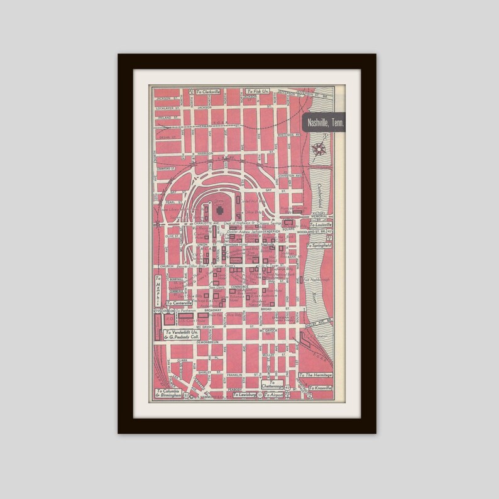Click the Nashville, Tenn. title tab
[x=324, y=123]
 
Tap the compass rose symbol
[x=319, y=149]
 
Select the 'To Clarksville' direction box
[x=209, y=92]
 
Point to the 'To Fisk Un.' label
[x=258, y=92]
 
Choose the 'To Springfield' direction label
[x=320, y=245]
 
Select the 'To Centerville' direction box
[x=178, y=303]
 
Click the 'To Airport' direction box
[x=274, y=395]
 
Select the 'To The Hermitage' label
[x=315, y=375]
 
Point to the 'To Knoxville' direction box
[x=320, y=387]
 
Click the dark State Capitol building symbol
[x=220, y=208]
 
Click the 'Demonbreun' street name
[x=207, y=341]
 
